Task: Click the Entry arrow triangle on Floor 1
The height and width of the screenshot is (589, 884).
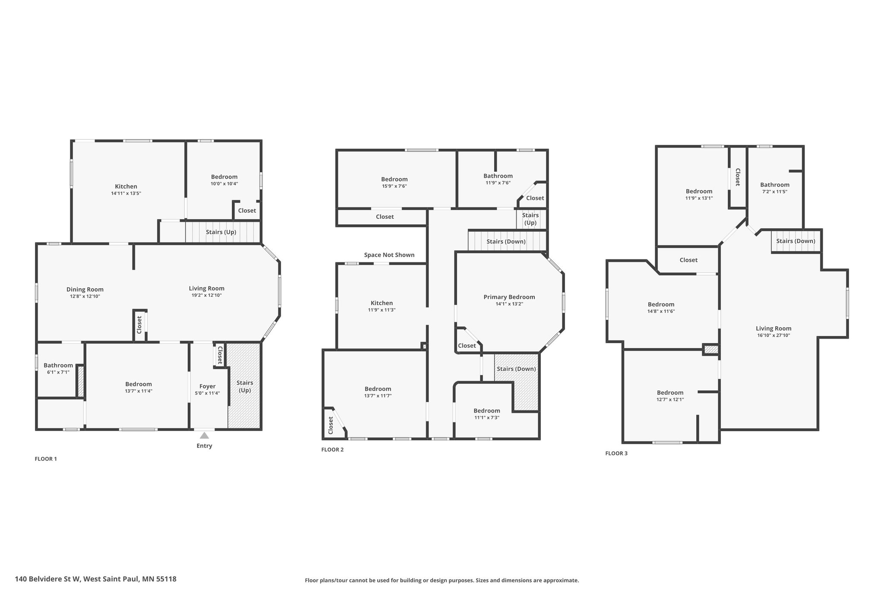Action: (x=204, y=435)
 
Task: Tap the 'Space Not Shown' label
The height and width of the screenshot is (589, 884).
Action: (x=389, y=255)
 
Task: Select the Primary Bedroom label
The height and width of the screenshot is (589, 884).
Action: (x=509, y=297)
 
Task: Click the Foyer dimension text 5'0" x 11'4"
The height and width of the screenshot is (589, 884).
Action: (x=207, y=393)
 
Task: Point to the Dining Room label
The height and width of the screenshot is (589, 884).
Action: (x=85, y=290)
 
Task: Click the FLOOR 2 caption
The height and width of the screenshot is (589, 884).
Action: (x=332, y=450)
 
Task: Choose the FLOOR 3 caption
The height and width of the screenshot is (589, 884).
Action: (x=616, y=454)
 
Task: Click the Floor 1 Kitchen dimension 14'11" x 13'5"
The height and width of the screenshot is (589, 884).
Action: (x=126, y=193)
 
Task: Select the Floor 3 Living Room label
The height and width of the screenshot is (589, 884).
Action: (x=773, y=328)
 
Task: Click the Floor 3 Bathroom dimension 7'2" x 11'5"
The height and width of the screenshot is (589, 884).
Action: (x=775, y=192)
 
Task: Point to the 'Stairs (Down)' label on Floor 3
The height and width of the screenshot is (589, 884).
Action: (x=796, y=241)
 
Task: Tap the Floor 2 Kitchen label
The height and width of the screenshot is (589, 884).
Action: (x=382, y=303)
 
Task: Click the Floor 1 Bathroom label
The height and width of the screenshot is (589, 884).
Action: (x=58, y=365)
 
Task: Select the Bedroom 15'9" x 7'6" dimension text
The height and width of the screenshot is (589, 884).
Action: (x=394, y=186)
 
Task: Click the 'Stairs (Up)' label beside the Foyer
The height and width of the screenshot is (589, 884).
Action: (x=245, y=387)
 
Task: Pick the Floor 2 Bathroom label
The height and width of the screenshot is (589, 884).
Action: (x=498, y=176)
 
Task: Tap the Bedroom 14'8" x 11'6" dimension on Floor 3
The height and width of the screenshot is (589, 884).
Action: (x=661, y=311)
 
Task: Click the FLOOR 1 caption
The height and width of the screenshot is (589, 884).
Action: (x=46, y=459)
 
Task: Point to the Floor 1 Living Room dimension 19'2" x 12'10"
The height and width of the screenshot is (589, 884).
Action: (x=207, y=295)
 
